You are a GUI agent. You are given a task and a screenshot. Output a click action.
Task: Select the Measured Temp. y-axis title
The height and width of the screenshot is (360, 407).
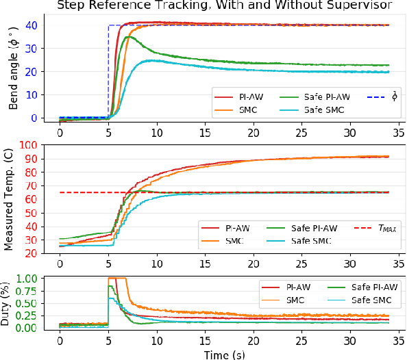(x=13, y=199)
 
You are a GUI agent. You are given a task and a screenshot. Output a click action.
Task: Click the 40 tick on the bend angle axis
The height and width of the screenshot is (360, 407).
(x=32, y=25)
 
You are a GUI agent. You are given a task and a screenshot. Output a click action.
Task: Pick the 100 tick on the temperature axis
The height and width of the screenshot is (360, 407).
(x=28, y=145)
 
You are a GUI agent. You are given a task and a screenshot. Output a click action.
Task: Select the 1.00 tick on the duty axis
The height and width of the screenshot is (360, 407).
(x=25, y=279)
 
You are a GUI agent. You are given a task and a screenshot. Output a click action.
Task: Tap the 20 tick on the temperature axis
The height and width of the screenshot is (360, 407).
(x=32, y=253)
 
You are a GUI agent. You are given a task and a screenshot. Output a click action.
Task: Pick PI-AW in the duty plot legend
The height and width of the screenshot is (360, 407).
(x=293, y=287)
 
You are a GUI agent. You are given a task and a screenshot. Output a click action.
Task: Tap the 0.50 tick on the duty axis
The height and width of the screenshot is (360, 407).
(x=25, y=303)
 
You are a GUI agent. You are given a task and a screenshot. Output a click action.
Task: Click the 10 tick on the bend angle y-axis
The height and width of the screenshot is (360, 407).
(x=32, y=94)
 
